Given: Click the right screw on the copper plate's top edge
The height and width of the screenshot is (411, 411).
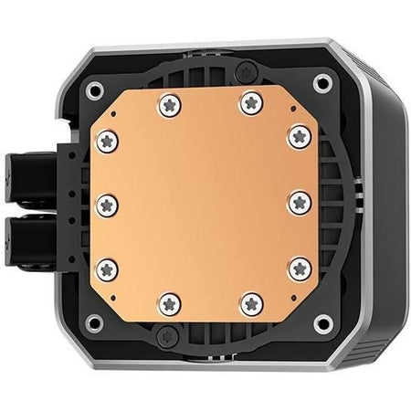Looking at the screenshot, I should click(x=248, y=104).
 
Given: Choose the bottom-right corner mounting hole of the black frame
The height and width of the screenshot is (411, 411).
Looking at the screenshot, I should click(x=321, y=323).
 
